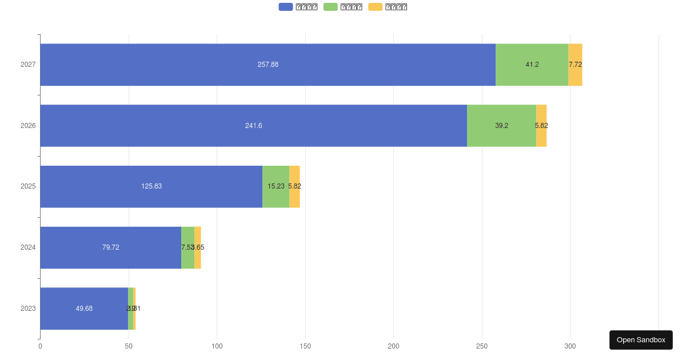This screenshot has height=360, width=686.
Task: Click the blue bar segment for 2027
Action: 268,65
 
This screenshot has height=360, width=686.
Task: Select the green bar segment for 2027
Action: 532,65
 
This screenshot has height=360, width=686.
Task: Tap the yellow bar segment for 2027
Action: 575,65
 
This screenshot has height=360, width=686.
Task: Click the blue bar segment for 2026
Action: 253,126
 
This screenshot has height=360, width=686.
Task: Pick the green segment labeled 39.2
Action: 501,126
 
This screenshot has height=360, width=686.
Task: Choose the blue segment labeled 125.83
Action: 151,186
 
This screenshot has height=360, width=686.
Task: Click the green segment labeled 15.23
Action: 276,186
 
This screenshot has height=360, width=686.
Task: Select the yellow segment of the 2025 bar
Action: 294,186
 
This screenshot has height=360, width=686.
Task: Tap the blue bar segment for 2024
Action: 110,247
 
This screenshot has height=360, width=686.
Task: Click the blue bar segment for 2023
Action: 84,309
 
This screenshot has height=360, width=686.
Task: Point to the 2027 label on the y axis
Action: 28,65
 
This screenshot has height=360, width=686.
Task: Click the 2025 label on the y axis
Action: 28,186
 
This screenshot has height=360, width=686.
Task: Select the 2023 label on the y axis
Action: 28,309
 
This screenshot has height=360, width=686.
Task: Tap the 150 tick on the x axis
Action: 305,346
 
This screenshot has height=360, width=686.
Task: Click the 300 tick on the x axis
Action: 570,346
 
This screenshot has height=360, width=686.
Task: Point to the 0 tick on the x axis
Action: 40,346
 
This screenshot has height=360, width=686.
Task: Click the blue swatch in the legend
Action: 286,7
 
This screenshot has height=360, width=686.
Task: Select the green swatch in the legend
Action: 330,7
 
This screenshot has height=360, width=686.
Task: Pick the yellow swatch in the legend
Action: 376,7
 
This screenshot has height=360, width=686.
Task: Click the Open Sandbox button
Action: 641,340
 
